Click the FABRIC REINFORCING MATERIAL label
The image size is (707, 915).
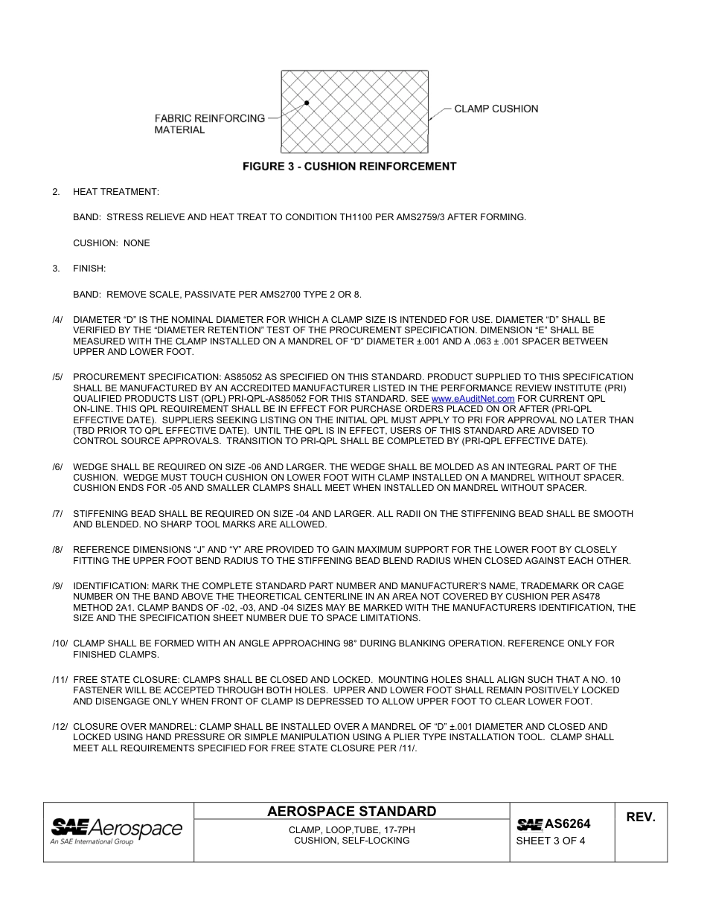[209, 123]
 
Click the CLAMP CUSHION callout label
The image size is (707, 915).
[496, 109]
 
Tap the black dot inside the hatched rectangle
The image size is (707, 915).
[307, 102]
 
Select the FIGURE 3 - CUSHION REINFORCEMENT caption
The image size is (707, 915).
[349, 167]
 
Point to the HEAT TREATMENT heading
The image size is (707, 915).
[115, 192]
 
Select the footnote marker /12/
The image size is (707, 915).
[60, 726]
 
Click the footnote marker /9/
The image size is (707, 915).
[57, 586]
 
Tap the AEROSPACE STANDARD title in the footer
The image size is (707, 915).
[351, 811]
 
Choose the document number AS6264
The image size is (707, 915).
[567, 823]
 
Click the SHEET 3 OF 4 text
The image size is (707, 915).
[551, 842]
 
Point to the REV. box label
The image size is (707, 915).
[640, 817]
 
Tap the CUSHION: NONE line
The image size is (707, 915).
[111, 243]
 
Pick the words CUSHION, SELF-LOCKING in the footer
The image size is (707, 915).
[351, 841]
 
